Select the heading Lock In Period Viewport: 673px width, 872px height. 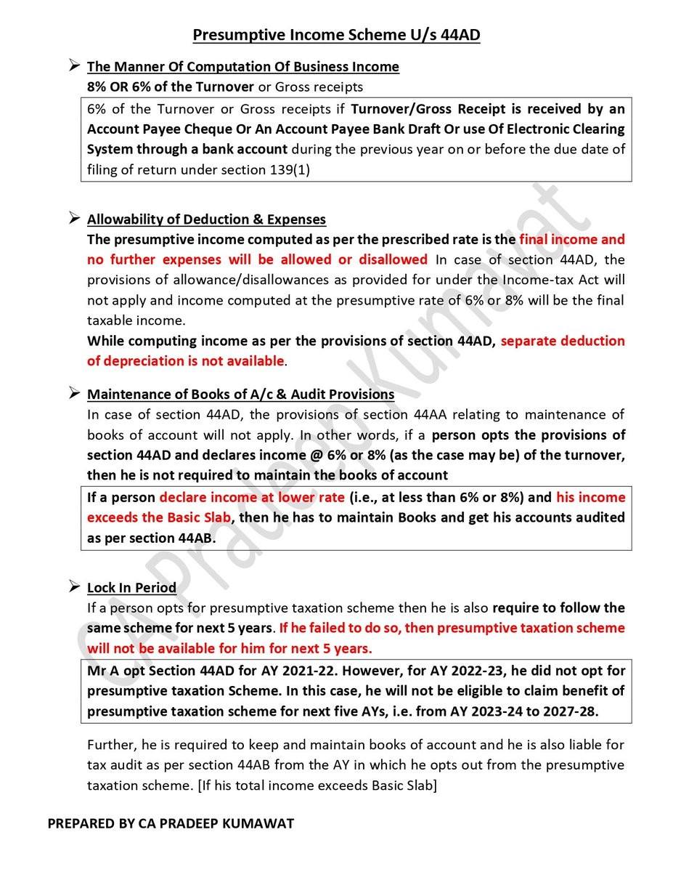(131, 587)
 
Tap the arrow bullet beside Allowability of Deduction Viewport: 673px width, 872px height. (73, 218)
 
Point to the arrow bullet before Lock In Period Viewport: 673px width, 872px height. (73, 586)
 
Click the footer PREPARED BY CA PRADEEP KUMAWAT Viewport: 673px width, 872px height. (171, 824)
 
